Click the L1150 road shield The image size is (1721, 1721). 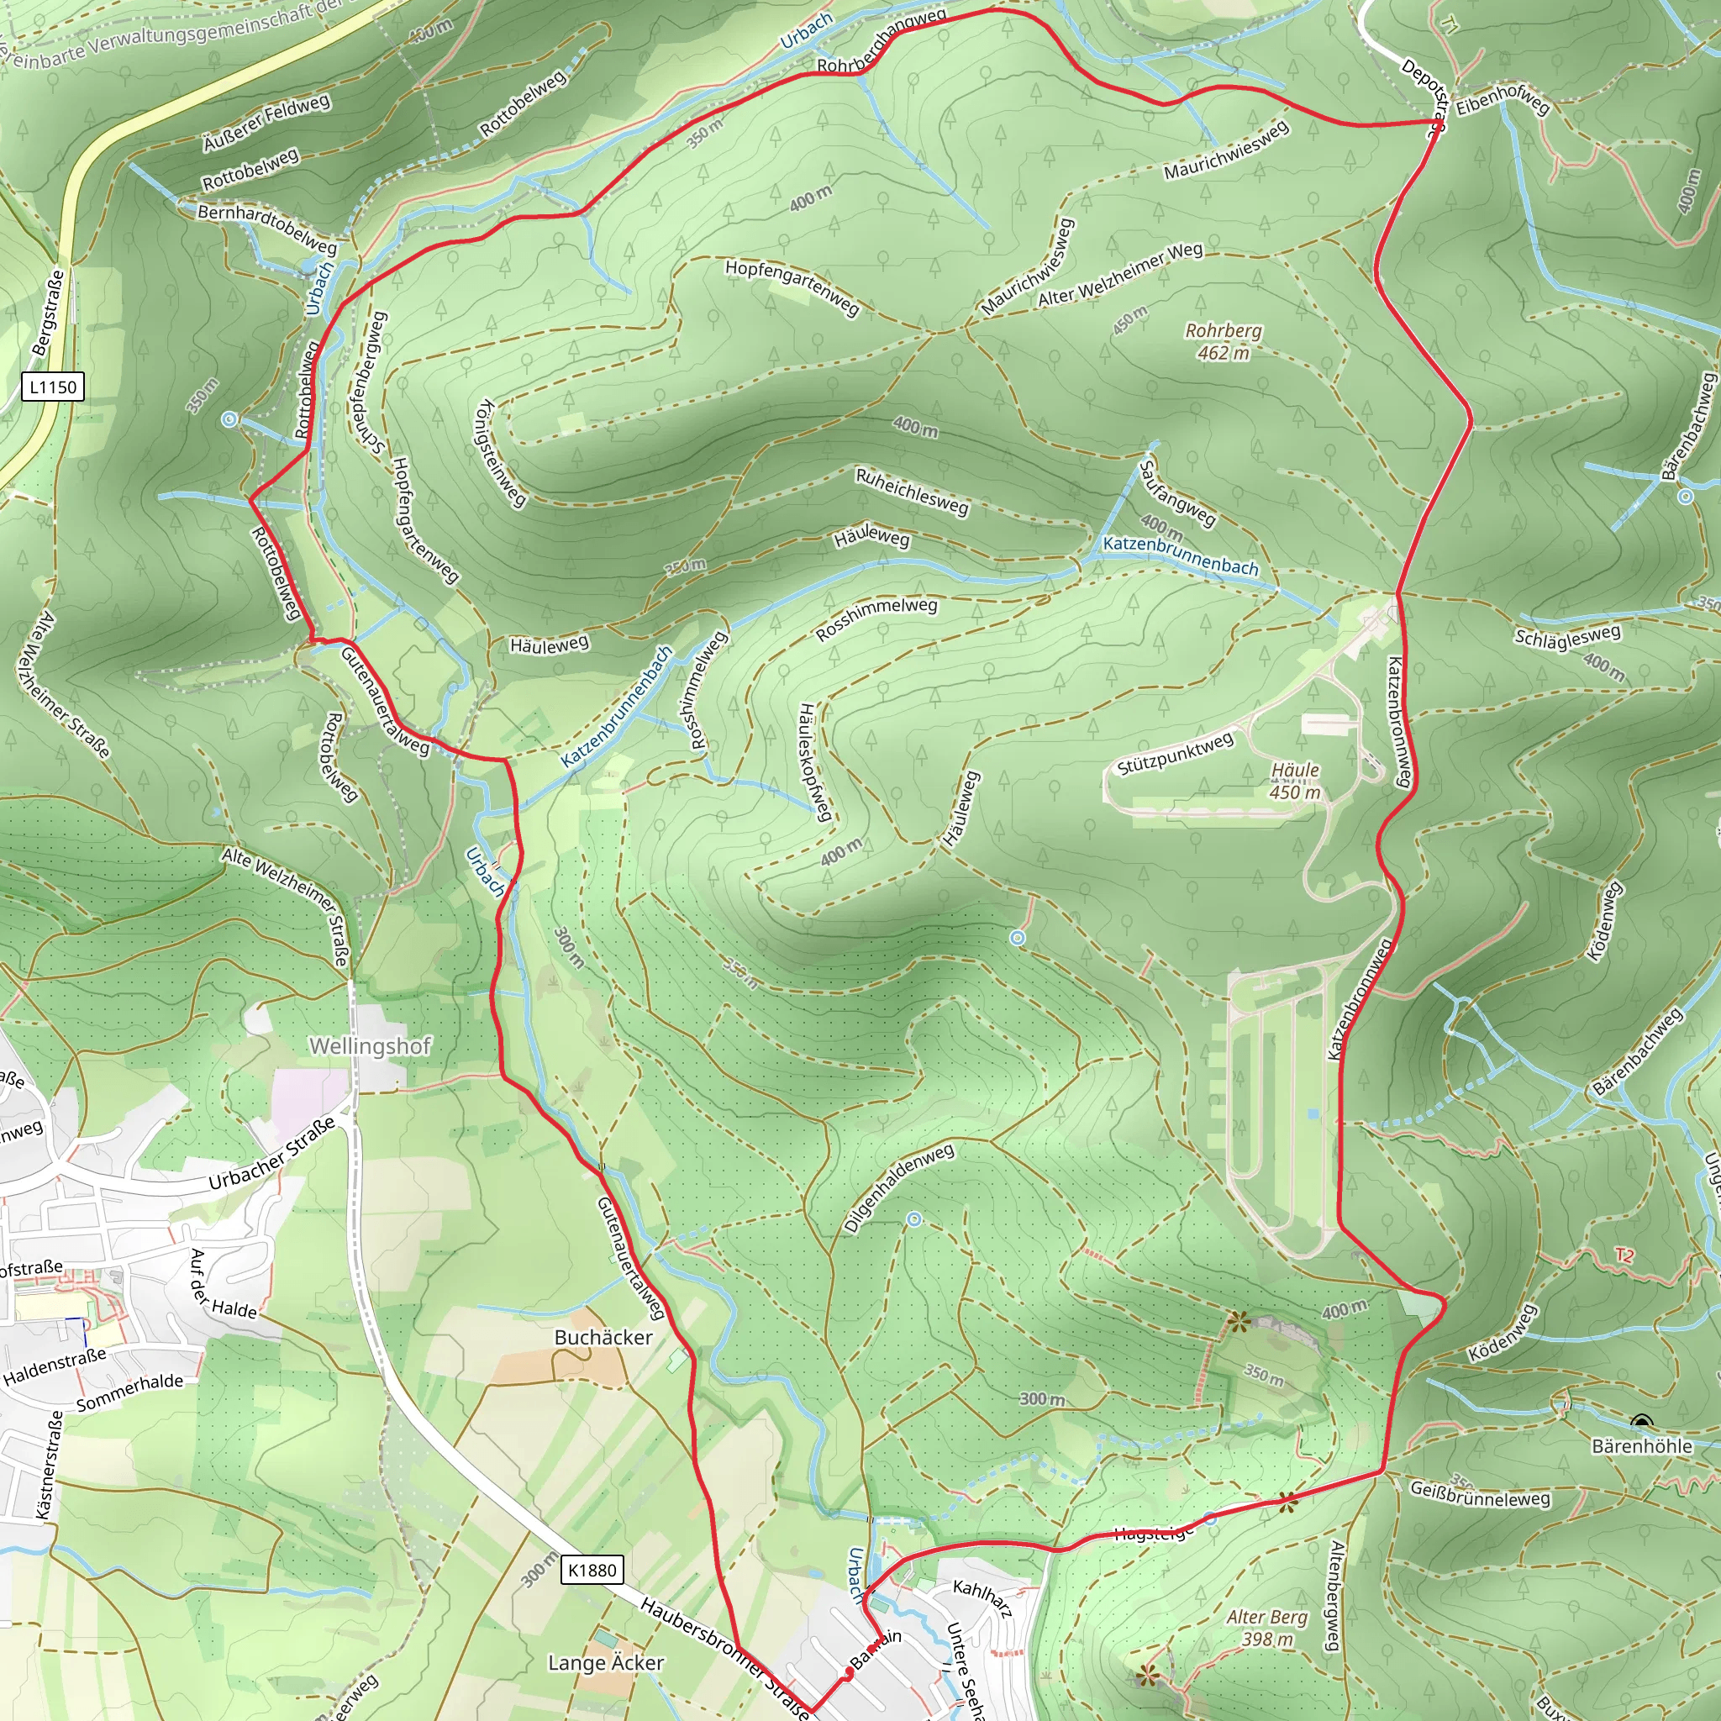point(53,387)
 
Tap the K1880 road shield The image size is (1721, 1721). point(592,1570)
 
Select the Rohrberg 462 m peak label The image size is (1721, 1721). point(1223,341)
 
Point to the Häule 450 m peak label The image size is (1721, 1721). point(1295,781)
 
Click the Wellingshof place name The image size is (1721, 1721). point(370,1045)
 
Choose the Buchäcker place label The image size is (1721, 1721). point(603,1337)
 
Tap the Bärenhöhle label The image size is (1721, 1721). point(1642,1445)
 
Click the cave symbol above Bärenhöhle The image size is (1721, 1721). point(1642,1422)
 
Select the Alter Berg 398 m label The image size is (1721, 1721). point(1266,1628)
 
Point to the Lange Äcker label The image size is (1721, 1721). point(606,1663)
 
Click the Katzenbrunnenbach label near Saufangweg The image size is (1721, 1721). point(1181,555)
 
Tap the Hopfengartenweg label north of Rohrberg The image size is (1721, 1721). point(792,287)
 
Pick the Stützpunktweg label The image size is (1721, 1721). point(1175,754)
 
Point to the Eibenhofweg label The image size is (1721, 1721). point(1503,101)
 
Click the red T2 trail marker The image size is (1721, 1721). point(1625,1255)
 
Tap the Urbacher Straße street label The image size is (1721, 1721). point(271,1153)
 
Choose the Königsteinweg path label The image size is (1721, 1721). point(501,453)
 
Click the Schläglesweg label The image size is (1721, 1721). point(1568,636)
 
